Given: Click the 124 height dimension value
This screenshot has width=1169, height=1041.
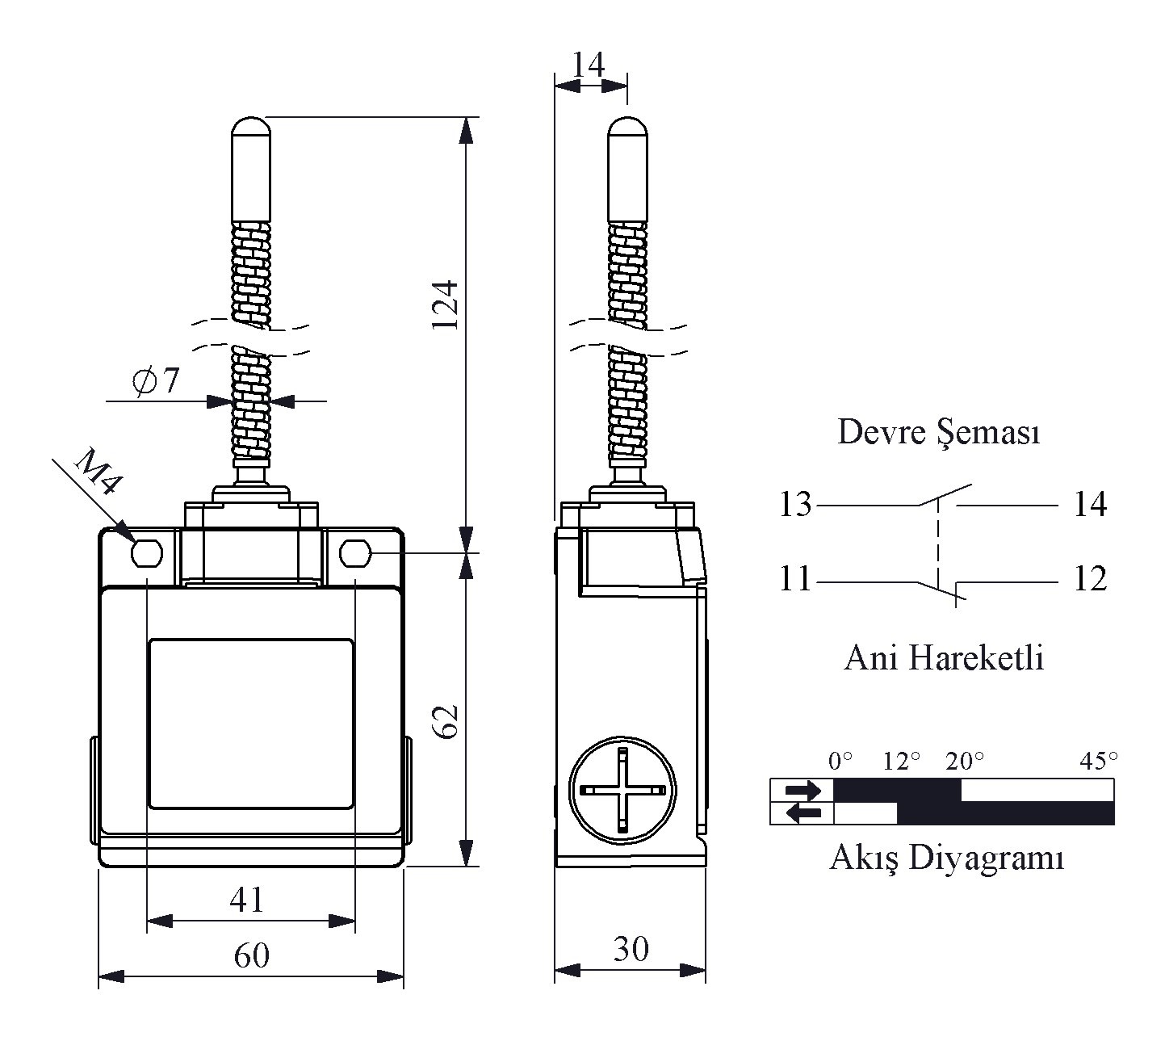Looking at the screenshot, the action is [x=445, y=304].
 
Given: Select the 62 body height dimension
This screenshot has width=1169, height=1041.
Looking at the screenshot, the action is [x=446, y=722].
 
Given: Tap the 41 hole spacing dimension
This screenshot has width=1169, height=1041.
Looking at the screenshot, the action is [x=247, y=900].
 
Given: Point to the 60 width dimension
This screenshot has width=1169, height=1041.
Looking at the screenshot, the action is [x=252, y=955].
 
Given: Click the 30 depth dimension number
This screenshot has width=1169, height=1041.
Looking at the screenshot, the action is [x=631, y=949].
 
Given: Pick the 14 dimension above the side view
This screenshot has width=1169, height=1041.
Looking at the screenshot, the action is [x=589, y=64].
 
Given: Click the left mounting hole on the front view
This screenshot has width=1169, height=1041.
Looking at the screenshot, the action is [x=147, y=553].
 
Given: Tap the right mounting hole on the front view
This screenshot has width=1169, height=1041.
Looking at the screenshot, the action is [x=355, y=553].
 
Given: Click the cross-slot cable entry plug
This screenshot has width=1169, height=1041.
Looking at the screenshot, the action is [x=622, y=791].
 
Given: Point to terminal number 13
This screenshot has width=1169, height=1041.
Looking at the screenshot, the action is [x=795, y=503].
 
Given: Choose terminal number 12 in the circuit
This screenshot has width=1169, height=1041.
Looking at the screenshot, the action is [x=1090, y=578].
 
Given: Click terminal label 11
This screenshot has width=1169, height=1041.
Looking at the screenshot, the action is [x=795, y=578].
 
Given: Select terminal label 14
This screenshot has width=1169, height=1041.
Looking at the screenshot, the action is [x=1090, y=503].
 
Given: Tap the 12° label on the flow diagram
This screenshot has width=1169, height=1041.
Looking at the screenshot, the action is [x=901, y=761].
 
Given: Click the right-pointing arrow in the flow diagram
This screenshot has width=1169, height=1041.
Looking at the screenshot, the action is [x=803, y=789].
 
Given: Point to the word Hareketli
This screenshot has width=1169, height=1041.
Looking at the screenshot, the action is [x=976, y=657].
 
